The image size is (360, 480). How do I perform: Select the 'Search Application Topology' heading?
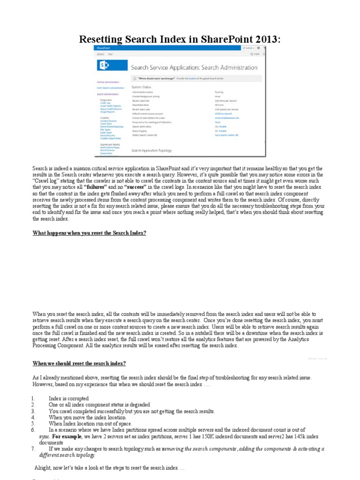151,150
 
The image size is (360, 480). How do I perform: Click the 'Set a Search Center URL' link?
226,135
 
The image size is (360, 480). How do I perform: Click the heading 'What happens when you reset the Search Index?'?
89,233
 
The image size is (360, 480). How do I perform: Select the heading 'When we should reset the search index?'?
79,363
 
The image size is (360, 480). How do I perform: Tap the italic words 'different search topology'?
67,455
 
